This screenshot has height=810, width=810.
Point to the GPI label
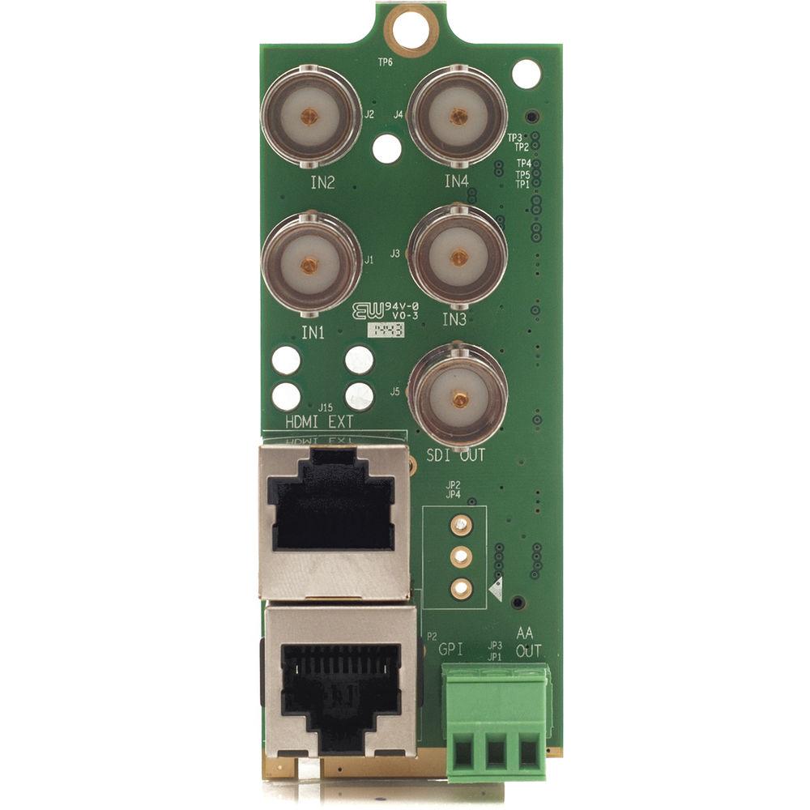coord(451,650)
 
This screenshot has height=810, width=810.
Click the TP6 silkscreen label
coord(386,62)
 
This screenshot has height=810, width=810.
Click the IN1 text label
coord(313,332)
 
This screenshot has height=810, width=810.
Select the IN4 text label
coord(457,181)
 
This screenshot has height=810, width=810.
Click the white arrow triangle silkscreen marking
coord(496,588)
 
